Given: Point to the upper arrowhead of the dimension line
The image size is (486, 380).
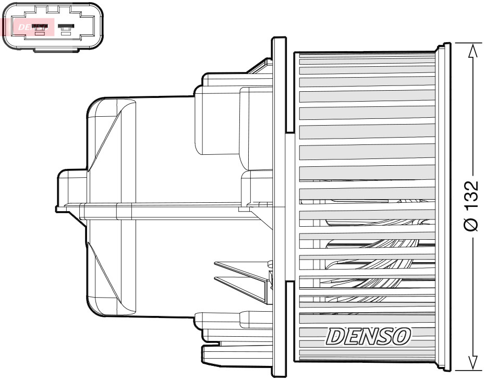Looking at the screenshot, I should pyautogui.click(x=472, y=50).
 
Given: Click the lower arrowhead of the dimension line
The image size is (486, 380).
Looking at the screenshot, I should pyautogui.click(x=472, y=363).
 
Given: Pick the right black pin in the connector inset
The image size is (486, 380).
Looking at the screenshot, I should pyautogui.click(x=66, y=26).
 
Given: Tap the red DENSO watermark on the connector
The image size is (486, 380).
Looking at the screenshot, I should pyautogui.click(x=28, y=27).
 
